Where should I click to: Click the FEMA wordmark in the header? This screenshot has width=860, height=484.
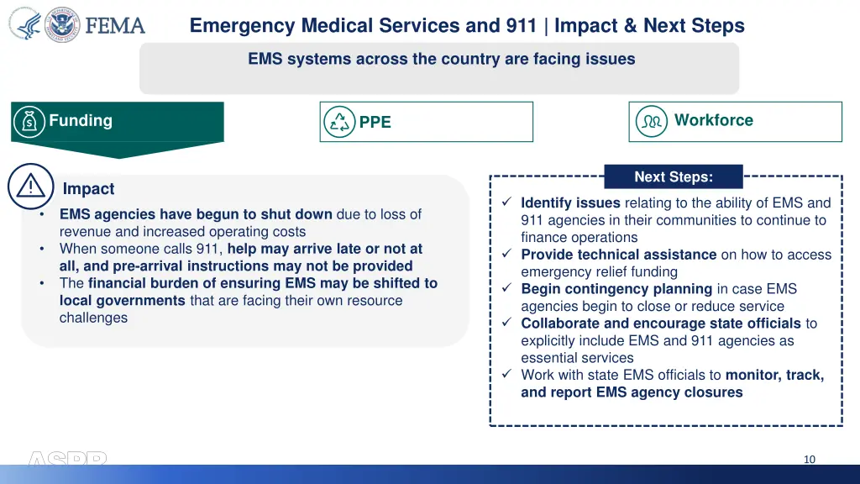(x=115, y=26)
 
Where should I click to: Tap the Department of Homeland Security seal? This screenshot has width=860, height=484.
(x=63, y=25)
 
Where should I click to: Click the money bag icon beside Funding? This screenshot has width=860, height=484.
(x=30, y=122)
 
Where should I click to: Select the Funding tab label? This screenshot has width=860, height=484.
(x=81, y=120)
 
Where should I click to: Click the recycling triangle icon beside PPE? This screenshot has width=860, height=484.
(x=339, y=122)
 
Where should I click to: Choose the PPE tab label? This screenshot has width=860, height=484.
(x=375, y=122)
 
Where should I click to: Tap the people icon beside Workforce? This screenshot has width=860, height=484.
(x=651, y=121)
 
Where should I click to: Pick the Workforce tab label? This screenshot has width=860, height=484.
(x=713, y=120)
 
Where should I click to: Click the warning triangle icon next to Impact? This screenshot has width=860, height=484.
(x=30, y=187)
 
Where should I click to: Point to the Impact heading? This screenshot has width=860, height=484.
(x=88, y=189)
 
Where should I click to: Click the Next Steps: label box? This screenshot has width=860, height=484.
(x=673, y=176)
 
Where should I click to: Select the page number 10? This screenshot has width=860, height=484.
(x=809, y=459)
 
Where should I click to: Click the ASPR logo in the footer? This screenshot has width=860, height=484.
(x=67, y=460)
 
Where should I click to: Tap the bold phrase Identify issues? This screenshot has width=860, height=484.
(x=570, y=203)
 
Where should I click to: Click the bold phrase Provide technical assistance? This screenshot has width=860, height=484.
(x=618, y=255)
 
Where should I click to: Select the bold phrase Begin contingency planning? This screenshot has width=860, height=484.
(x=616, y=289)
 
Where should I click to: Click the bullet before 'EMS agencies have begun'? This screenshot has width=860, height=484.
(x=42, y=214)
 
